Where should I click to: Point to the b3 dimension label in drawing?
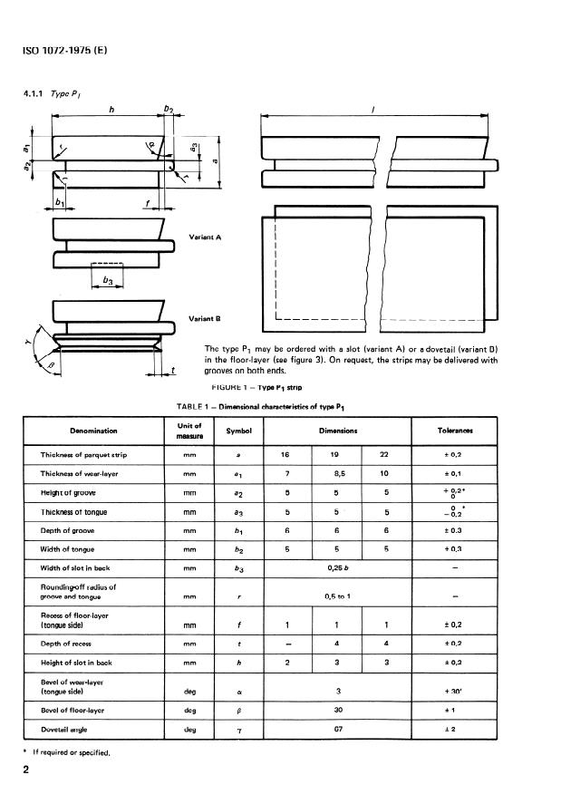point(107,282)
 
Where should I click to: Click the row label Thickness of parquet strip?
point(84,454)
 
